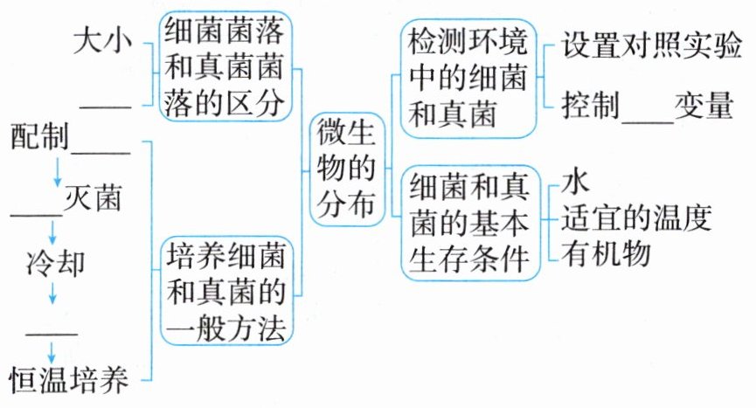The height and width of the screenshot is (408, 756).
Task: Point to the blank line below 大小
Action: [105, 108]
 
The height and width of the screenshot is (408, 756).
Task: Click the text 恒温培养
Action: [70, 380]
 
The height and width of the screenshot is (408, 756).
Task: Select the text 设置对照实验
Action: [645, 44]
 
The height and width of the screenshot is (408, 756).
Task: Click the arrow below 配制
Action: [58, 172]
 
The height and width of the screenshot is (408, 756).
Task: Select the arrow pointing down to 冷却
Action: [52, 234]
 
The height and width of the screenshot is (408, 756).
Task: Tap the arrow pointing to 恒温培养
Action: [52, 351]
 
